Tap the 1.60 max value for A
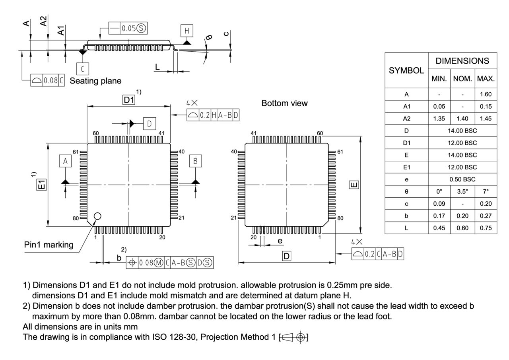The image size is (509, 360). coord(486,94)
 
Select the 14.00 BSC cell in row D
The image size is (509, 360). coord(462,130)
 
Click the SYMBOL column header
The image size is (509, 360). coord(406,70)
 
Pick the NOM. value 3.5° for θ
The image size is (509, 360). coord(462,191)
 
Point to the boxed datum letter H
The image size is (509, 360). coord(187,31)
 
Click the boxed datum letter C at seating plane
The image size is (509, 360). coord(83,69)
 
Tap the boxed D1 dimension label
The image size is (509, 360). coord(129,100)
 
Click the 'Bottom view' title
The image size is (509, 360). coord(284,103)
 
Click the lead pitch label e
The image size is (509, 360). coord(280,241)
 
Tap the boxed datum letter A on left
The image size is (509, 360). coord(65,161)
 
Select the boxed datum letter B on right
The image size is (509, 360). coord(195,161)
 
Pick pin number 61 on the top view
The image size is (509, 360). coord(76,152)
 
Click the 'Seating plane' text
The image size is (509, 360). coord(95,81)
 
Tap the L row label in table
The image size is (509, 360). coord(406,228)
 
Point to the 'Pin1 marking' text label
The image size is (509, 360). coord(49,245)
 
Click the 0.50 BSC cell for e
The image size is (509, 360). coord(462,179)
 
